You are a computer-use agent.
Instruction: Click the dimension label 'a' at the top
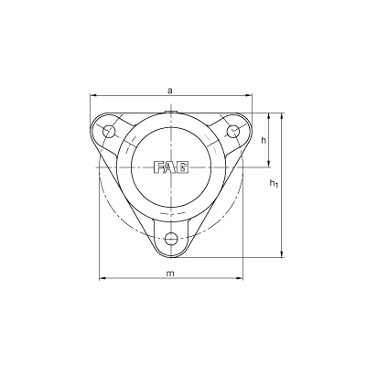[171, 91]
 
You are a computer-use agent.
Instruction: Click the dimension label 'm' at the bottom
[170, 273]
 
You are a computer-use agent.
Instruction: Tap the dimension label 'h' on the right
[264, 140]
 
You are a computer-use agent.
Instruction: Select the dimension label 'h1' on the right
[274, 183]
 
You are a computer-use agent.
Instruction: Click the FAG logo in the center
[171, 167]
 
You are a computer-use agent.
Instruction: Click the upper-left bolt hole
[108, 131]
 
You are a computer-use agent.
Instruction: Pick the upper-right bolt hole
[233, 131]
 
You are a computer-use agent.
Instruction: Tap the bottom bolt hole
[171, 238]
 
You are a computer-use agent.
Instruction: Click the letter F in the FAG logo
[159, 167]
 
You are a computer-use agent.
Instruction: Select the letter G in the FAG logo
[183, 167]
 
